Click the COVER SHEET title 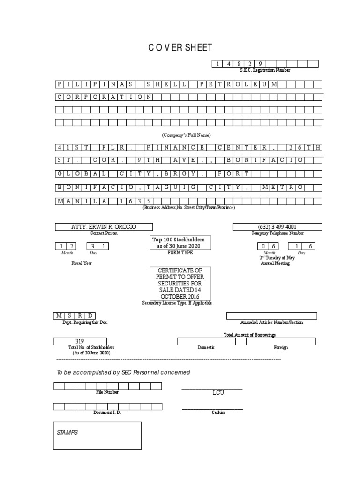[x=180, y=48]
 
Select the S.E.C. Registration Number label [x=265, y=70]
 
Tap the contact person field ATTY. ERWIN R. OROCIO [x=104, y=227]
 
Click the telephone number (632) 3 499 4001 [x=277, y=227]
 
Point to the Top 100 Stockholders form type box [x=178, y=243]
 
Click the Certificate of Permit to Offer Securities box [x=180, y=283]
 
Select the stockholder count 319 [x=80, y=341]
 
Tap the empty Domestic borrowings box [x=206, y=341]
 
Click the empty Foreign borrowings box [x=281, y=341]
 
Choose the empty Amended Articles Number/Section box [x=271, y=316]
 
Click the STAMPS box [x=97, y=435]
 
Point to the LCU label [x=218, y=393]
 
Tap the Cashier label [x=218, y=412]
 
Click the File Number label [x=107, y=392]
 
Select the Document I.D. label [x=107, y=412]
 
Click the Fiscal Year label [x=82, y=263]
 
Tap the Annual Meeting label [x=275, y=263]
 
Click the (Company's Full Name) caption [x=187, y=135]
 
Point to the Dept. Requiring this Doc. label [x=84, y=323]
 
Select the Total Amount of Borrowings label [x=250, y=335]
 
